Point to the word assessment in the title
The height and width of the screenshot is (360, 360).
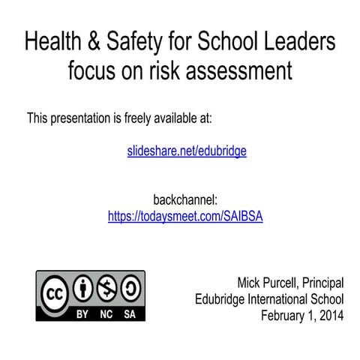[237, 72]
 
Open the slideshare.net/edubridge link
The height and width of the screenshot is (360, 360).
[187, 151]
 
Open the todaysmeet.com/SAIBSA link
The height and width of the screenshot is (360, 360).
[186, 216]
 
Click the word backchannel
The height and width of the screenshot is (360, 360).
[185, 200]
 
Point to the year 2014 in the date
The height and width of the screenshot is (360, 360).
[330, 315]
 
